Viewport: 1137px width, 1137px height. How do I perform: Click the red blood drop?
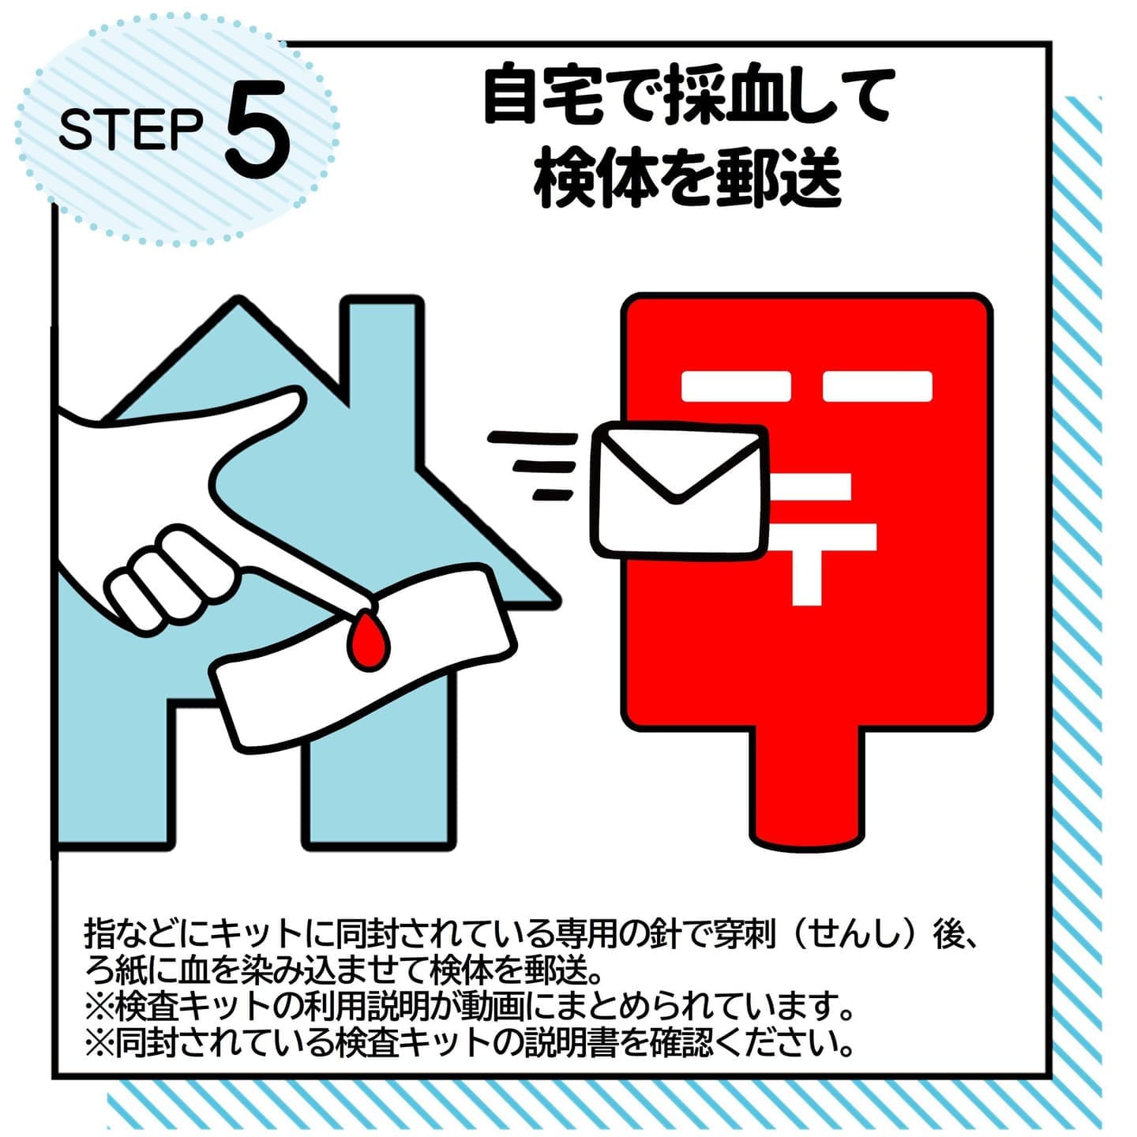(368, 641)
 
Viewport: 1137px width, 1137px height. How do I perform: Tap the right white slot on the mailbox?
(877, 386)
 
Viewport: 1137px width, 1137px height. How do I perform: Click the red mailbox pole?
(808, 790)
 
